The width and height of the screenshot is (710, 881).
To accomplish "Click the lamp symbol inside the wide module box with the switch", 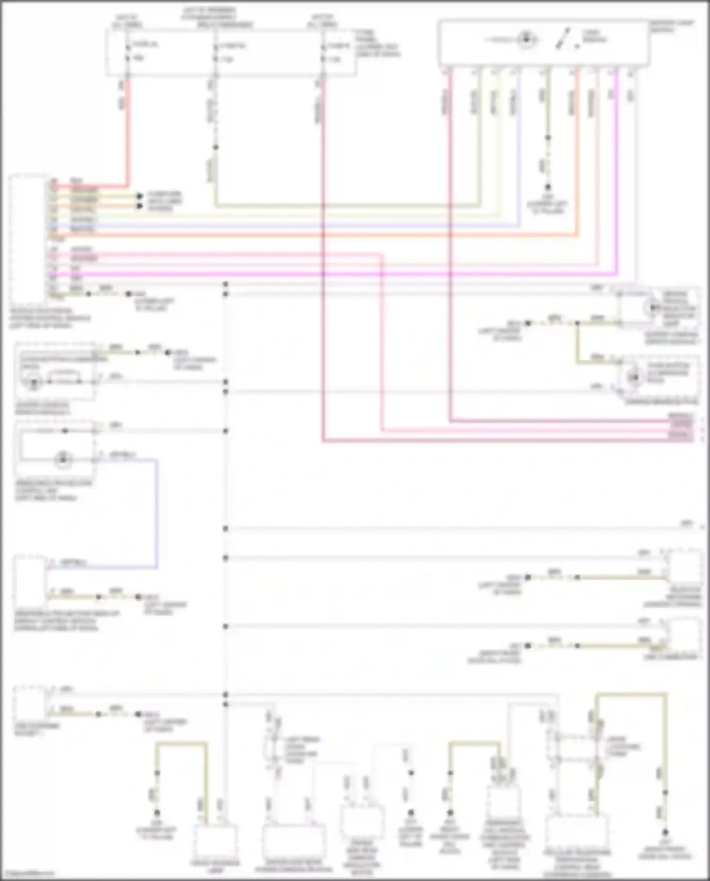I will coord(526,40).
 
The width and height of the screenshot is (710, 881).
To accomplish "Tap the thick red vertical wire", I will coord(128,133).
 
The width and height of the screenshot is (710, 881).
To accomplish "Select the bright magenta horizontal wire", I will coord(331,274).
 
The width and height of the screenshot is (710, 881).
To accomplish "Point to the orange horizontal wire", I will coord(331,235).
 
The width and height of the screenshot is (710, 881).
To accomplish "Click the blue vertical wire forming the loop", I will coord(157,511).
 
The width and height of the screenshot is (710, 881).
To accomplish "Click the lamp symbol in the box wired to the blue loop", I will coord(63,459).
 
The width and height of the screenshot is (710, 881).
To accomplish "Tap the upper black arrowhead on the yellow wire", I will coord(140,196).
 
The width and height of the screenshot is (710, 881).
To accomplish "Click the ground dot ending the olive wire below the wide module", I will coord(548,187).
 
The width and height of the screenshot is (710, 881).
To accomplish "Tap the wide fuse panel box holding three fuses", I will coord(231,52).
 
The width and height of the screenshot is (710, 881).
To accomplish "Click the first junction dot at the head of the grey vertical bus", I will coord(225,285).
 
